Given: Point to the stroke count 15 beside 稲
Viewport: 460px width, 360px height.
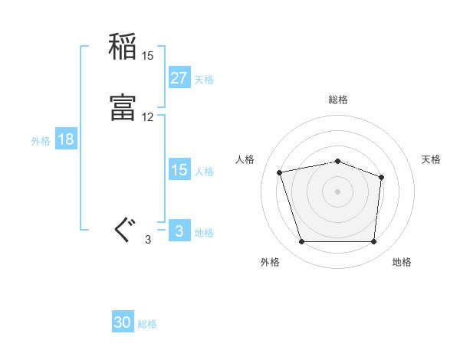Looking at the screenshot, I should [x=148, y=56].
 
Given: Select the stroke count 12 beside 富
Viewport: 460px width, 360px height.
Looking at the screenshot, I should [x=148, y=117].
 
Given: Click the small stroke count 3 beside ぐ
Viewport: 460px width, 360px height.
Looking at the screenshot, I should [x=148, y=240].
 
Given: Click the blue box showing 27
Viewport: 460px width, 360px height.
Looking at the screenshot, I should [x=179, y=77].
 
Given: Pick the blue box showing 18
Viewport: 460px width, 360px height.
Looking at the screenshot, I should [x=65, y=139].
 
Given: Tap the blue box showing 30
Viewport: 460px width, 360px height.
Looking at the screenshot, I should [x=123, y=322].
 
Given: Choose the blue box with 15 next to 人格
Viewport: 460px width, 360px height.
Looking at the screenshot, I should [x=179, y=170].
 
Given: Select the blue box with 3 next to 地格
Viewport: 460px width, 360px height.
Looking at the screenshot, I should [x=179, y=231].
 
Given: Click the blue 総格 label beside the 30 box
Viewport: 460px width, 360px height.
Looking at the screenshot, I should [x=147, y=324].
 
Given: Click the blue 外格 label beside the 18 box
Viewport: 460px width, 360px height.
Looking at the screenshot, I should [x=41, y=141].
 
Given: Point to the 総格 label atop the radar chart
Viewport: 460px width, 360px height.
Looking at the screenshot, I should [x=337, y=100].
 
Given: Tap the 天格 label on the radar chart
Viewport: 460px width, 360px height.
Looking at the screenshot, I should [x=431, y=159].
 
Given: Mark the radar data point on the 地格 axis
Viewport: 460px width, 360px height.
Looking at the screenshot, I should [x=373, y=242].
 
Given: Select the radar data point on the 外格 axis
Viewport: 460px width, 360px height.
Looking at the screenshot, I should [x=301, y=242].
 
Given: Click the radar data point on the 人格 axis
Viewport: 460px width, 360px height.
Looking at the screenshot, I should [x=280, y=172].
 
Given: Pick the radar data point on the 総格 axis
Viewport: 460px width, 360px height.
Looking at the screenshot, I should [x=337, y=161].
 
